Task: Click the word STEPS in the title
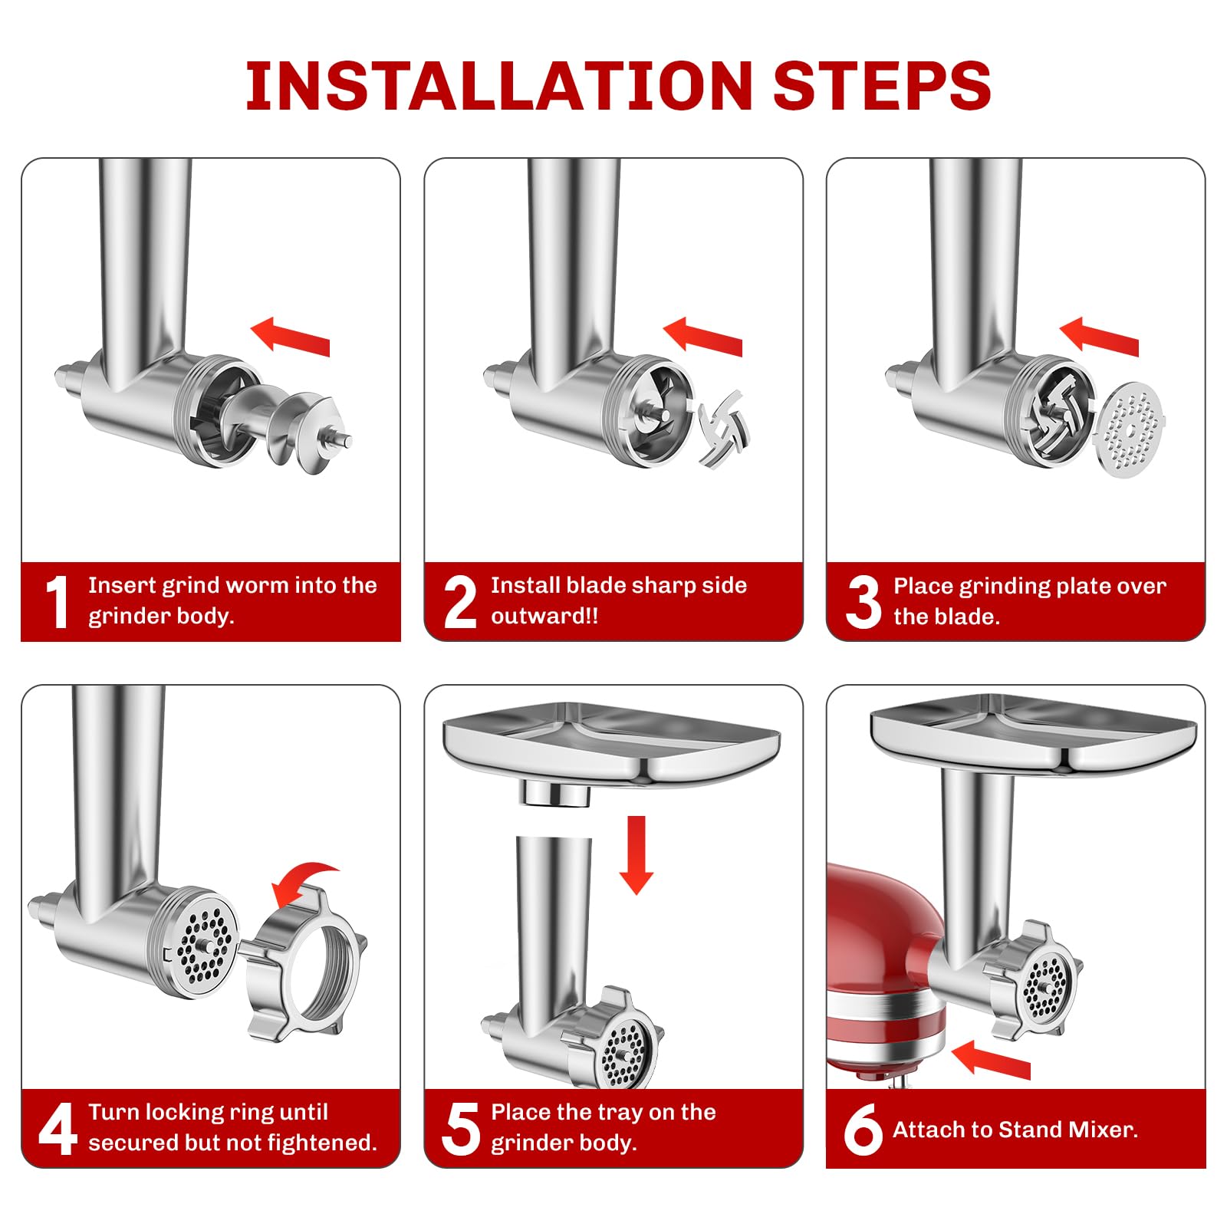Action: pyautogui.click(x=882, y=86)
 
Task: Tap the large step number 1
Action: pyautogui.click(x=58, y=603)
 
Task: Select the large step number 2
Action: pyautogui.click(x=460, y=603)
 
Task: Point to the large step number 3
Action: pyautogui.click(x=864, y=603)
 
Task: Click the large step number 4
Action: pyautogui.click(x=58, y=1129)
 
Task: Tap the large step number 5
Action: pyautogui.click(x=461, y=1129)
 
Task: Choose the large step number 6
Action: pyautogui.click(x=863, y=1129)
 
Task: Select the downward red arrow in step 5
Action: pyautogui.click(x=636, y=855)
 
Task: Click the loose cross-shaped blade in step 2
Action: pyautogui.click(x=722, y=429)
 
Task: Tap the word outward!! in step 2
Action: pyautogui.click(x=544, y=617)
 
